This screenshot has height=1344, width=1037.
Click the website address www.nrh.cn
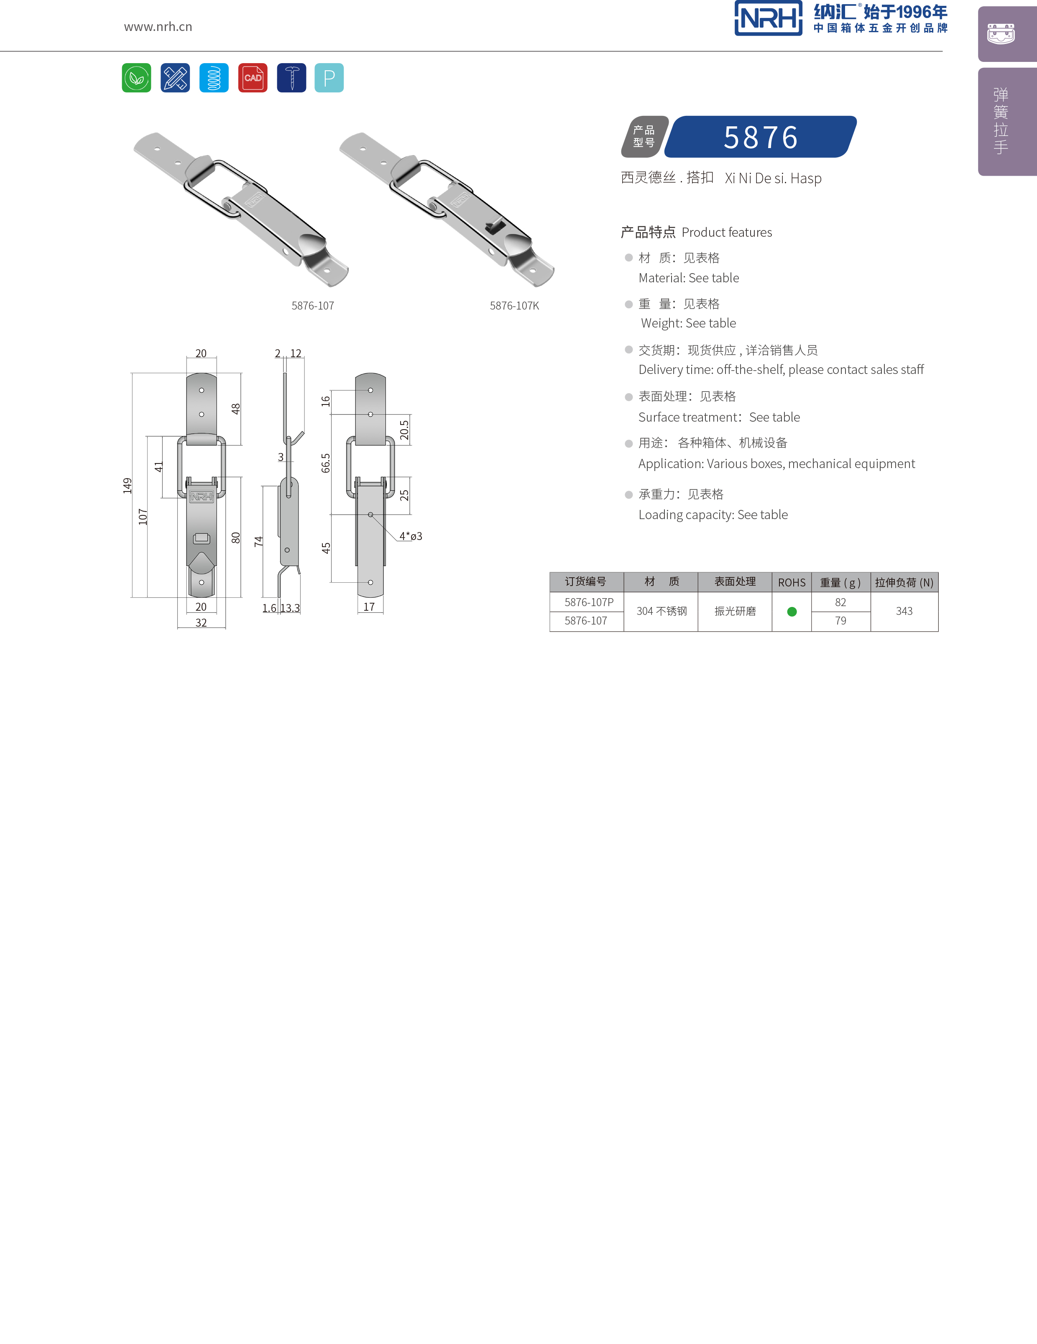tap(158, 26)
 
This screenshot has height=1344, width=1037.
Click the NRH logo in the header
tap(768, 18)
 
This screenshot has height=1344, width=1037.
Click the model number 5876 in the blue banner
tap(761, 137)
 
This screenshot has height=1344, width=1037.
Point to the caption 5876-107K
tap(514, 306)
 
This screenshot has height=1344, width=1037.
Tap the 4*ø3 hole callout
tap(411, 536)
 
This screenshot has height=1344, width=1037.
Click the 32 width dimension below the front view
tap(201, 623)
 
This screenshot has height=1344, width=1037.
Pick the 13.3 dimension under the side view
tap(290, 608)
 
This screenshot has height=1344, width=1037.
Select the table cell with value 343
tap(904, 611)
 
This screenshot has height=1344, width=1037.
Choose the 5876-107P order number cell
tap(589, 602)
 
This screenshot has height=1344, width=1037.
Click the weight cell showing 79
tap(840, 621)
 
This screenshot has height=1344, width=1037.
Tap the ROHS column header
tap(792, 582)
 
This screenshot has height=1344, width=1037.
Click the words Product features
tap(726, 233)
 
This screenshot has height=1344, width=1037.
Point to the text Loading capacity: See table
tap(713, 515)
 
